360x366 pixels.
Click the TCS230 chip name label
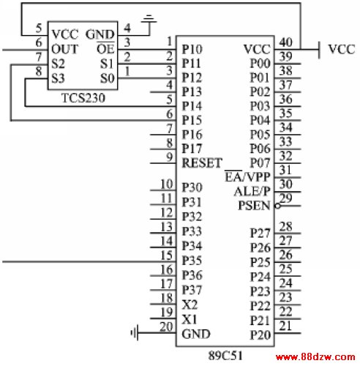83,98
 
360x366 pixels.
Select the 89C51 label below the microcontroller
225,356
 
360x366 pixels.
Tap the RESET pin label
202,163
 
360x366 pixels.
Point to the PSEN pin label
254,206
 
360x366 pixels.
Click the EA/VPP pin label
247,176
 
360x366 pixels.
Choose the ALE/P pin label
252,191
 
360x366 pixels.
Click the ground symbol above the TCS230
149,19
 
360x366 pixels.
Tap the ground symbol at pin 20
135,332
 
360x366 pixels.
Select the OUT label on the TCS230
65,49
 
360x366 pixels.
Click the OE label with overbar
105,48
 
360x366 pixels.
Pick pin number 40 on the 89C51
285,42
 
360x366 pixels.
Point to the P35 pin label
192,261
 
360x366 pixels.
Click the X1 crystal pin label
190,319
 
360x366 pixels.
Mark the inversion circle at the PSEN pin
277,206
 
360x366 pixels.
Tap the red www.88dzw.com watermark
315,357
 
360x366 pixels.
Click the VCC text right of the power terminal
342,49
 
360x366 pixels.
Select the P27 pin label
260,233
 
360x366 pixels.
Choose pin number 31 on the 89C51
285,170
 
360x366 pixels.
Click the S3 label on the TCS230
58,78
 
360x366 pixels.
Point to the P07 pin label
260,163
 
